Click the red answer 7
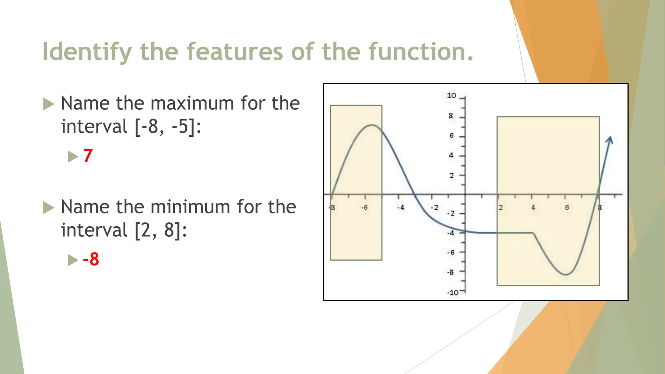pyautogui.click(x=88, y=156)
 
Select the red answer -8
pyautogui.click(x=91, y=259)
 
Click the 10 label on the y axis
pyautogui.click(x=451, y=95)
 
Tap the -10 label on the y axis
pyautogui.click(x=453, y=293)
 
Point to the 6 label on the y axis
pyautogui.click(x=451, y=135)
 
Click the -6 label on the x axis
pyautogui.click(x=365, y=207)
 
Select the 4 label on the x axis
pyautogui.click(x=533, y=207)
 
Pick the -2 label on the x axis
pyautogui.click(x=434, y=207)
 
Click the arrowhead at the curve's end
pyautogui.click(x=610, y=140)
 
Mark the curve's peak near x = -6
pyautogui.click(x=372, y=125)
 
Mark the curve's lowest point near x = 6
pyautogui.click(x=566, y=274)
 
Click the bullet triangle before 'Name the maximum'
pyautogui.click(x=48, y=104)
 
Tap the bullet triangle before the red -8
pyautogui.click(x=73, y=260)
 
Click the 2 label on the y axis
pyautogui.click(x=452, y=176)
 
